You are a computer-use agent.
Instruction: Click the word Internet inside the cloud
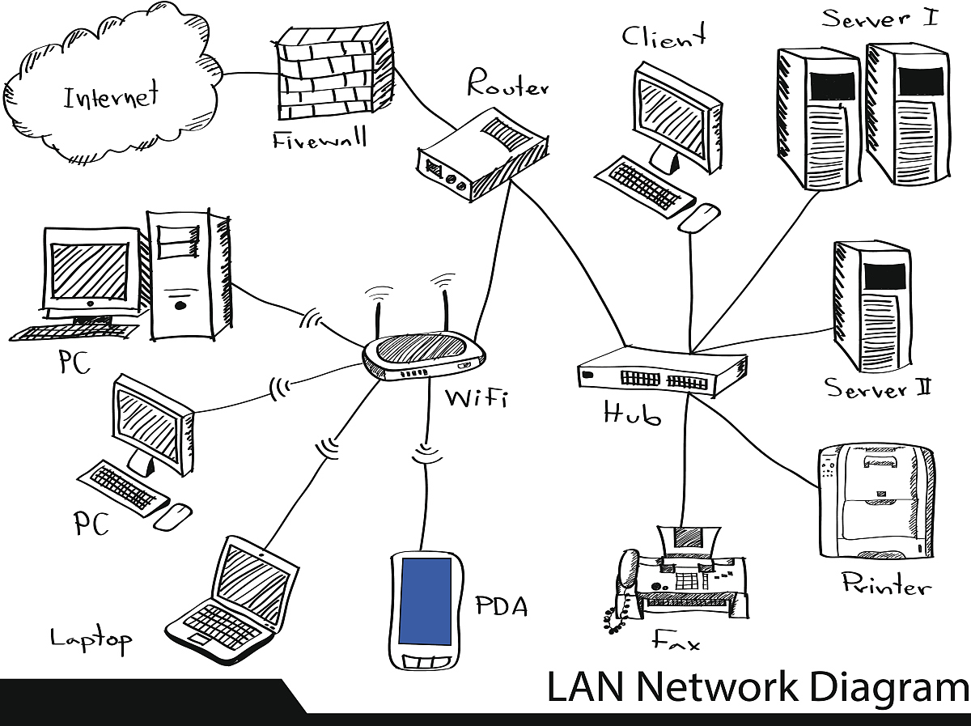point(111,97)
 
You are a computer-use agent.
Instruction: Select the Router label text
point(508,84)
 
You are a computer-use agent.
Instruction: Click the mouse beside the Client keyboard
point(698,217)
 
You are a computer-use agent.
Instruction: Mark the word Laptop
point(91,639)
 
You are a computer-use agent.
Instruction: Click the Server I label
point(880,18)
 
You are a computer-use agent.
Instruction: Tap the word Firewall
point(320,139)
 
